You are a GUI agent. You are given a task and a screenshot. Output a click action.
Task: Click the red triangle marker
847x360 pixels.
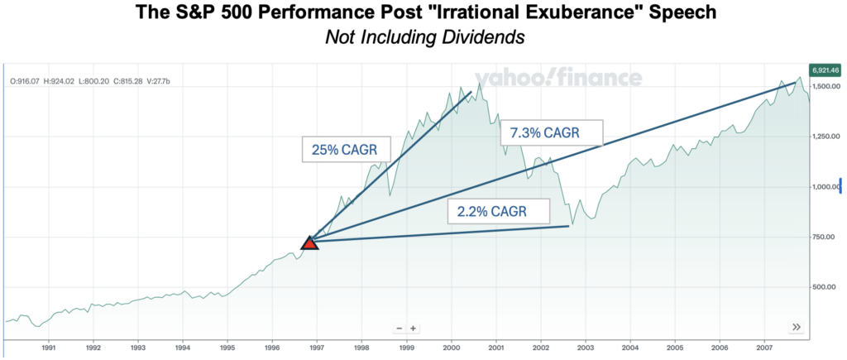pos(309,242)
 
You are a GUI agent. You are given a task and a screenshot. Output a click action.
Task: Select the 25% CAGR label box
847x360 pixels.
pos(339,149)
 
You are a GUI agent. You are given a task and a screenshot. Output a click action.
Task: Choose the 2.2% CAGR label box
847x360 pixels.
pos(498,211)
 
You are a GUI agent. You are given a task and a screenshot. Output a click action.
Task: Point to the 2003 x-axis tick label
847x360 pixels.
pos(586,348)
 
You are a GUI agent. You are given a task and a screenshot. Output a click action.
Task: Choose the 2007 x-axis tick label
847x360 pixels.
pos(765,348)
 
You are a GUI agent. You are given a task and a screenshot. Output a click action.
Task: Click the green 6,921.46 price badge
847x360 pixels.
pos(825,70)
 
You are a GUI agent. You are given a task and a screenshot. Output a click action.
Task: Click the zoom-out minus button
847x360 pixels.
pos(399,328)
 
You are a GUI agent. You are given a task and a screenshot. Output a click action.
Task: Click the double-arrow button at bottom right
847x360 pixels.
pos(796,327)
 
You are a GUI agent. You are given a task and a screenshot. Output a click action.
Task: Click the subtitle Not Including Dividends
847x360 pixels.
pos(423,37)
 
